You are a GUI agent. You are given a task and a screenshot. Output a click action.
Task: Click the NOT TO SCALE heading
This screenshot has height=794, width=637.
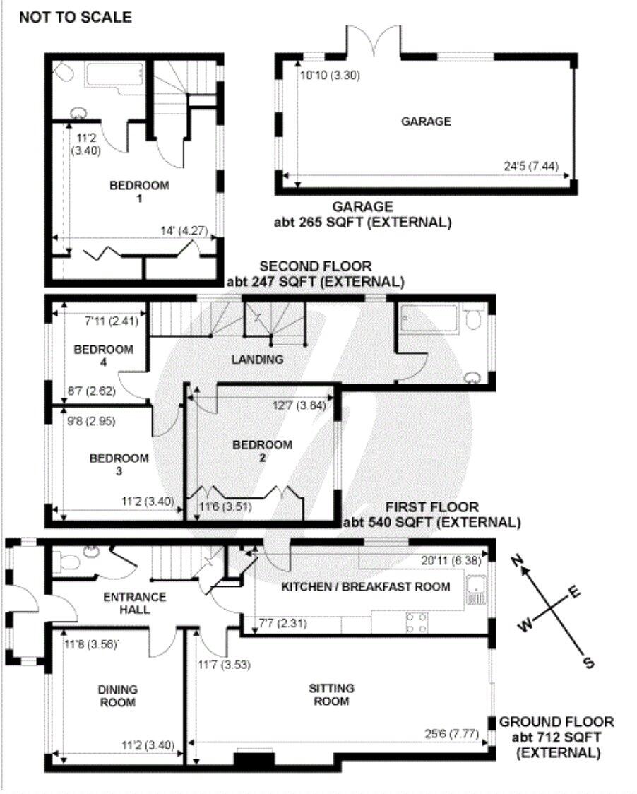click(x=75, y=18)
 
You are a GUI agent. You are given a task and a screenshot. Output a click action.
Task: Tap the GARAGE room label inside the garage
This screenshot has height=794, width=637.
click(x=426, y=122)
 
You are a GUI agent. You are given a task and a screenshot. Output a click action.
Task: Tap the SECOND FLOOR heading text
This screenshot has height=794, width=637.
click(x=315, y=267)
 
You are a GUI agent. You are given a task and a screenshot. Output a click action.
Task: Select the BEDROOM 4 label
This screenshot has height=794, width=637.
click(x=104, y=355)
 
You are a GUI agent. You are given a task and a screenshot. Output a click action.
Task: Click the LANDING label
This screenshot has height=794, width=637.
click(x=257, y=360)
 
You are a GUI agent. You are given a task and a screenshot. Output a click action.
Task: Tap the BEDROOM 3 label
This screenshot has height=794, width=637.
click(x=119, y=465)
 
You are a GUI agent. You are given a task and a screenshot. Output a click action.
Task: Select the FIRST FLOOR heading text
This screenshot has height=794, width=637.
click(x=431, y=507)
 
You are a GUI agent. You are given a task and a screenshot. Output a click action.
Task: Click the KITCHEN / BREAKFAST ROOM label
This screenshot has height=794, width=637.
click(x=365, y=586)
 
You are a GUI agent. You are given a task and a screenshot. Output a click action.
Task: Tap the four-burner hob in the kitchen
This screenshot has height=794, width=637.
click(x=417, y=622)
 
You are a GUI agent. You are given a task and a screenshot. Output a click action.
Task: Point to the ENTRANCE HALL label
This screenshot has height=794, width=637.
click(x=135, y=603)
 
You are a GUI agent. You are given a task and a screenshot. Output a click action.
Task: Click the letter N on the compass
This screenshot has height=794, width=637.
click(x=518, y=562)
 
